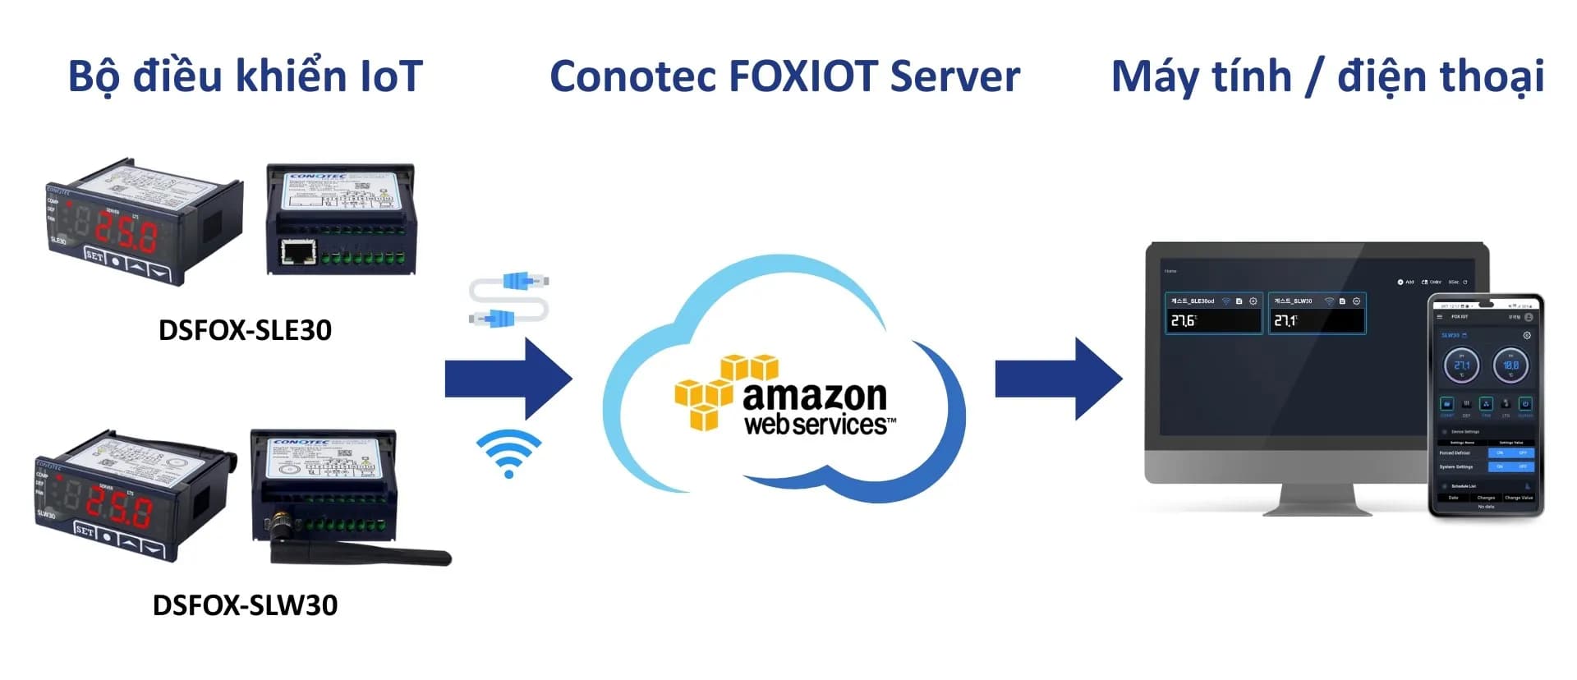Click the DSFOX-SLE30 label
click(245, 330)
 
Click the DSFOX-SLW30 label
click(245, 605)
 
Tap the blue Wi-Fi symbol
click(508, 453)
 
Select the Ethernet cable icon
click(509, 300)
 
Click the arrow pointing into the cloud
click(509, 379)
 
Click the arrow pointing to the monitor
click(1060, 379)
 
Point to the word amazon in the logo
click(815, 396)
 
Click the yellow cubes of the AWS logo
click(715, 392)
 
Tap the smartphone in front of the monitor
click(1486, 407)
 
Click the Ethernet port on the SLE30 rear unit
click(298, 251)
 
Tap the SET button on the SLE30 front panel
click(95, 256)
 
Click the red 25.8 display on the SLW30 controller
click(119, 509)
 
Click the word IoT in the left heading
click(391, 76)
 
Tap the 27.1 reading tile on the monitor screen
click(1317, 315)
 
